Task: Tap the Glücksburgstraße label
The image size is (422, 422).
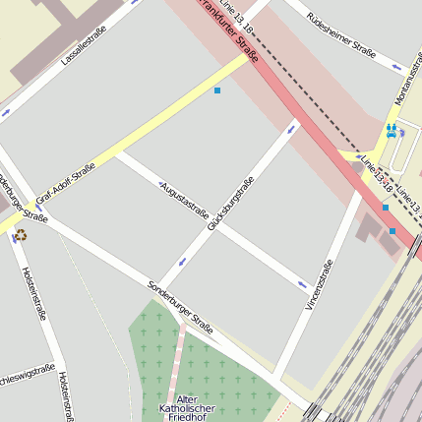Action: tap(231, 204)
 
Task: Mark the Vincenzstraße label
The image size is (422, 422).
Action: tap(321, 284)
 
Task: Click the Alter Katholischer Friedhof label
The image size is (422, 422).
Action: tap(179, 406)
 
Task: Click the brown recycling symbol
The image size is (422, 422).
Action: tap(21, 234)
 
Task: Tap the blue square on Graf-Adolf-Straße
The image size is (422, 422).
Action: tap(217, 90)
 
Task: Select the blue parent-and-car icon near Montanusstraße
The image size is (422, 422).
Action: tap(391, 130)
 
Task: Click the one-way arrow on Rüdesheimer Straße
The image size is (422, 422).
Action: tap(396, 67)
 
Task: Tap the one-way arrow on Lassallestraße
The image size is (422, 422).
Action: tap(131, 5)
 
